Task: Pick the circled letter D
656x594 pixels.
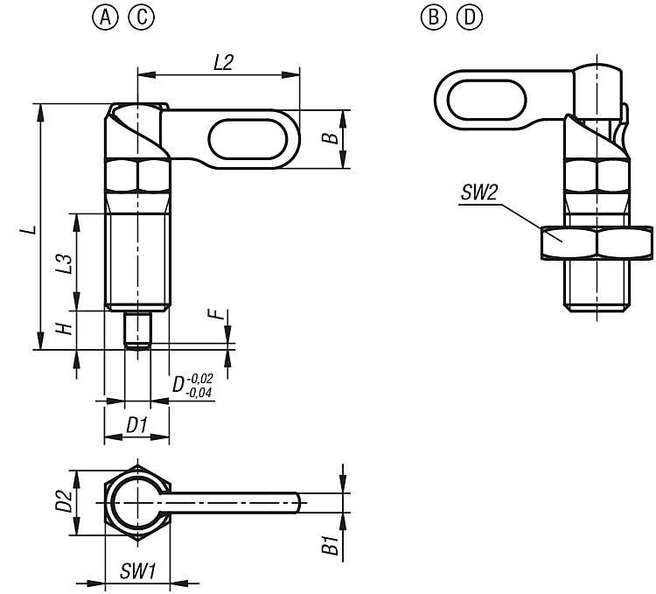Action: click(x=461, y=17)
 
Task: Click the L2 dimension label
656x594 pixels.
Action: click(x=224, y=62)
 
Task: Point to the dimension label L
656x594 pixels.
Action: click(x=29, y=229)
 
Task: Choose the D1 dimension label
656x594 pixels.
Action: click(x=136, y=426)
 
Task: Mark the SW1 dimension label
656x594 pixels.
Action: click(x=137, y=572)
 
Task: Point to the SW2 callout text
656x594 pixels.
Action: click(x=478, y=194)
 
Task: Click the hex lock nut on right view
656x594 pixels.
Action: click(x=597, y=242)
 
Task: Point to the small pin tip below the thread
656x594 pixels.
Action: click(x=136, y=331)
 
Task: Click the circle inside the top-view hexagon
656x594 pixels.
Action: click(x=136, y=504)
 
